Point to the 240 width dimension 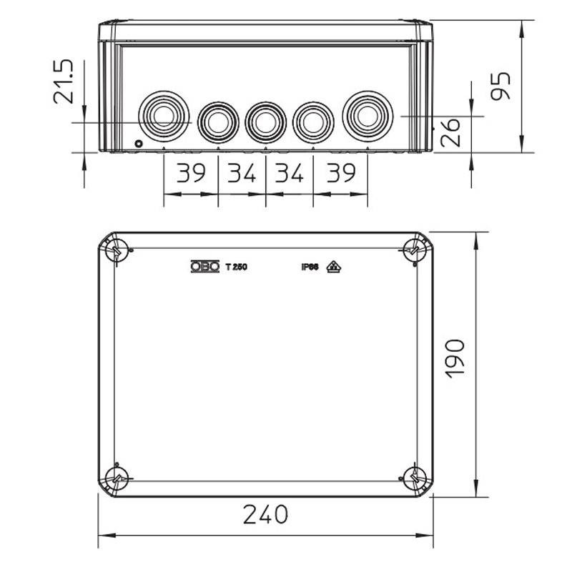tap(265, 514)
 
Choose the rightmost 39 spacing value tap(340, 173)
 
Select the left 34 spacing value tap(242, 173)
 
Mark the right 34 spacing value tap(290, 173)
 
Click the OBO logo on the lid tap(204, 267)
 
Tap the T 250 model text tap(236, 267)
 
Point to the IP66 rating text tap(310, 267)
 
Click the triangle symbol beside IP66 tap(333, 267)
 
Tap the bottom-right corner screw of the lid tap(413, 478)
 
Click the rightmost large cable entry tap(368, 116)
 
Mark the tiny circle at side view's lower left tap(137, 144)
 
